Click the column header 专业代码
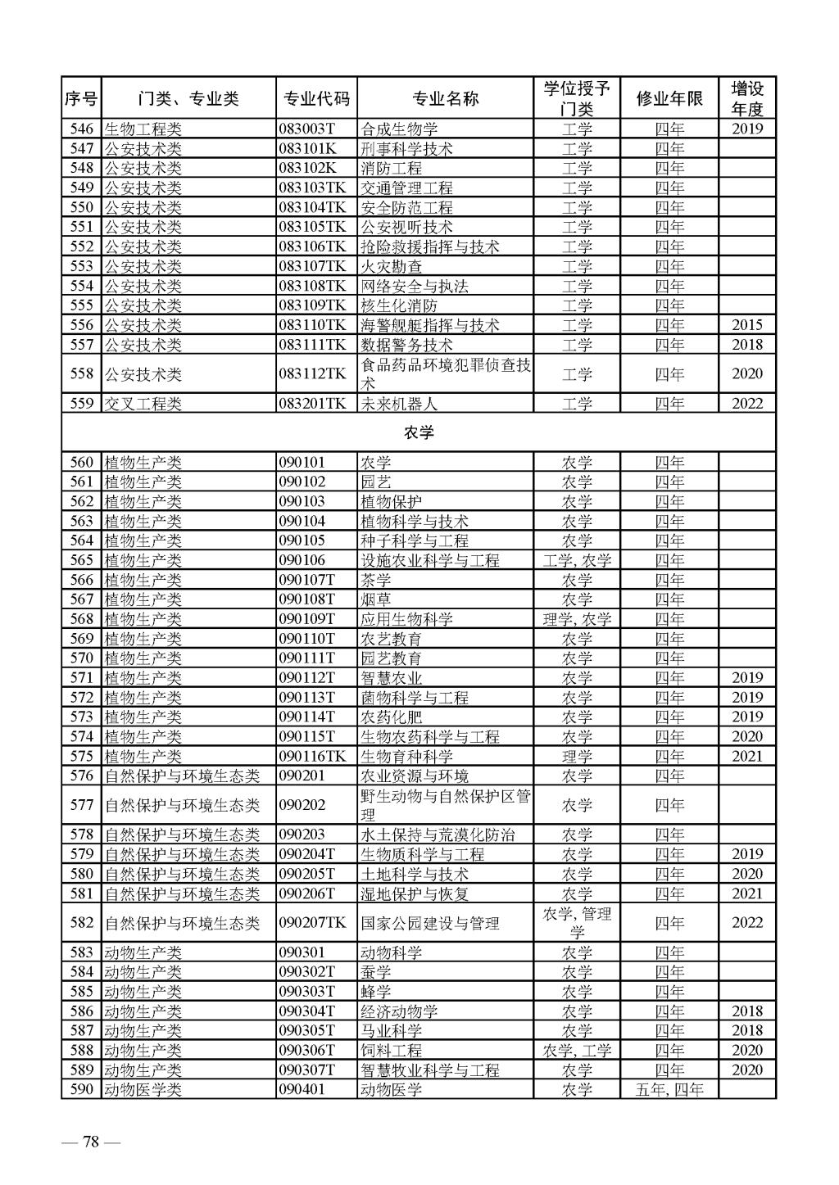[x=316, y=99]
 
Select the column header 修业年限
[x=669, y=99]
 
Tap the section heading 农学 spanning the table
[x=418, y=432]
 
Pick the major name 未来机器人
[x=399, y=404]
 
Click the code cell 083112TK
[x=312, y=374]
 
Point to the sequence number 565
[x=81, y=560]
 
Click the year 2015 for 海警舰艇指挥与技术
[x=746, y=325]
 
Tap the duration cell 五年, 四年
[x=669, y=1090]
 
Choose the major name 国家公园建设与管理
[x=430, y=923]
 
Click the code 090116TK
[x=312, y=757]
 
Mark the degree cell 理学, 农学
[x=577, y=619]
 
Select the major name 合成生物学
[x=399, y=129]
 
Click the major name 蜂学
[x=375, y=992]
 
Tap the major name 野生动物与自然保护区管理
[x=446, y=805]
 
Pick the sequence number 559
[x=81, y=404]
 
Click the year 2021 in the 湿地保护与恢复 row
[x=746, y=893]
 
